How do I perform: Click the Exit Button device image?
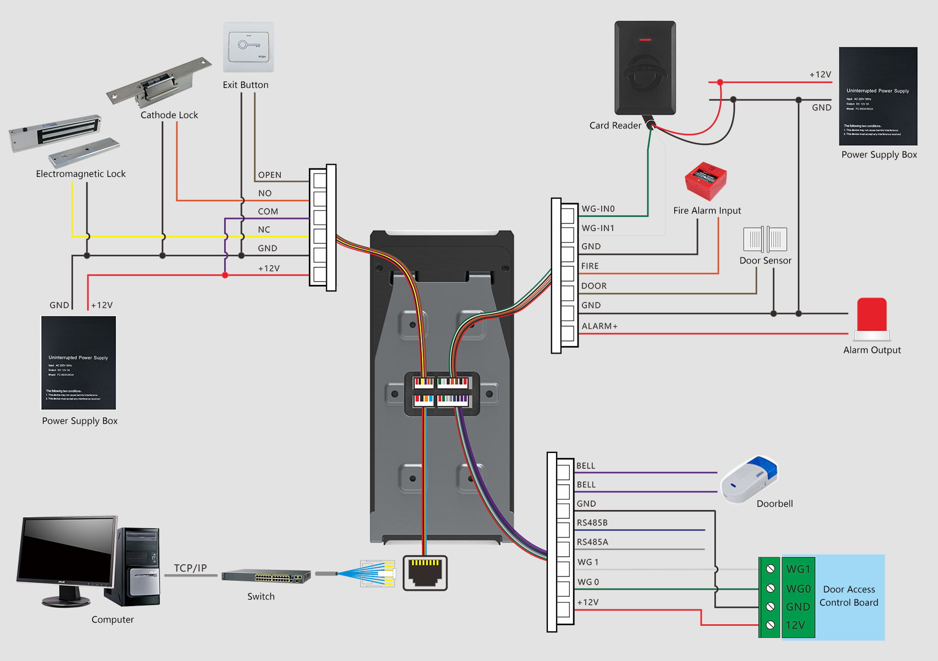pos(248,47)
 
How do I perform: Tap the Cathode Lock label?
pos(169,115)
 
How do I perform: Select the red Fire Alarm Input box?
pos(706,181)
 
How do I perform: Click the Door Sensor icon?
pos(765,239)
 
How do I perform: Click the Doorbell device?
pos(750,479)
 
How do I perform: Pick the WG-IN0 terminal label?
pos(598,209)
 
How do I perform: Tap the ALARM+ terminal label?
pos(600,326)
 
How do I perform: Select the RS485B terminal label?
pos(592,523)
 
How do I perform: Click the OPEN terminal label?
pos(270,175)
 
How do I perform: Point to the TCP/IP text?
pos(190,568)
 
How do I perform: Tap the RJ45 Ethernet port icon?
pos(425,573)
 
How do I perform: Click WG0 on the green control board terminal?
pos(798,589)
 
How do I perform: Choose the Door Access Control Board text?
pos(849,596)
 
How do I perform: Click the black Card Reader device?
pos(645,68)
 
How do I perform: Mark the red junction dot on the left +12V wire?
pos(225,275)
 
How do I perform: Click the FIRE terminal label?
pos(590,266)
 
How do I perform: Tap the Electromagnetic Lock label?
pos(81,174)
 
